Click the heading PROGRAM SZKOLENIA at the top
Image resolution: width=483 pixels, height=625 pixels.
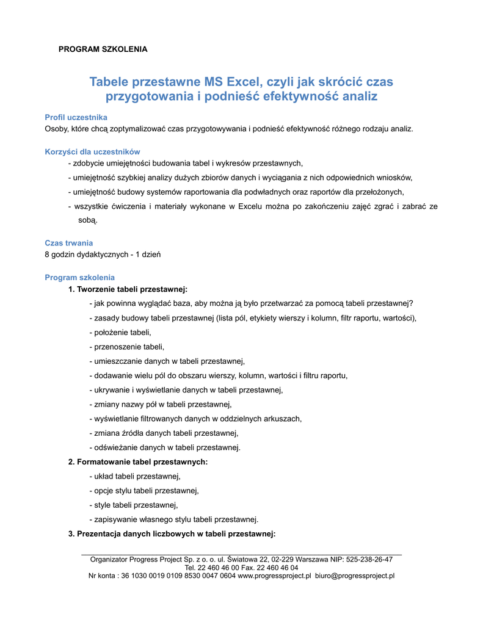[103, 49]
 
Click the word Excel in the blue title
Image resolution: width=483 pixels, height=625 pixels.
[244, 82]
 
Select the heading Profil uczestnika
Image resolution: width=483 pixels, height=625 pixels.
[76, 117]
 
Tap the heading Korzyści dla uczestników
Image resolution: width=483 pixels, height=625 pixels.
[93, 151]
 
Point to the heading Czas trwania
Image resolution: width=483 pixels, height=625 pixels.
[69, 243]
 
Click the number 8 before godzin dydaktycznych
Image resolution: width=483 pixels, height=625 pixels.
[48, 254]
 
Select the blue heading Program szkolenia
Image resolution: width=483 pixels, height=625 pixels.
[79, 277]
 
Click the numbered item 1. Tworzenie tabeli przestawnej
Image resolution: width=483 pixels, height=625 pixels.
[128, 289]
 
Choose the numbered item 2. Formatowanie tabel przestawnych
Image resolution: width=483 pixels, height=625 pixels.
[138, 461]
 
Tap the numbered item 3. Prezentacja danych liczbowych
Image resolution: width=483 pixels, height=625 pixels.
[172, 533]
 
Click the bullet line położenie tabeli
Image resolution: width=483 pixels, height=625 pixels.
[120, 332]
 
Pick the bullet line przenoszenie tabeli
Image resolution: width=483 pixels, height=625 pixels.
[126, 347]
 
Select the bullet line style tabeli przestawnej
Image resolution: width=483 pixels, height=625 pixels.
[133, 505]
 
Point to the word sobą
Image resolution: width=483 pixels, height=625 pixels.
[87, 220]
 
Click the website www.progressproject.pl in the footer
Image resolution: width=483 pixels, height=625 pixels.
[274, 576]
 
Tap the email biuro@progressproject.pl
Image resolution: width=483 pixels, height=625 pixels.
[355, 576]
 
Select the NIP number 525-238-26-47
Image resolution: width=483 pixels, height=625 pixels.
[369, 559]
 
